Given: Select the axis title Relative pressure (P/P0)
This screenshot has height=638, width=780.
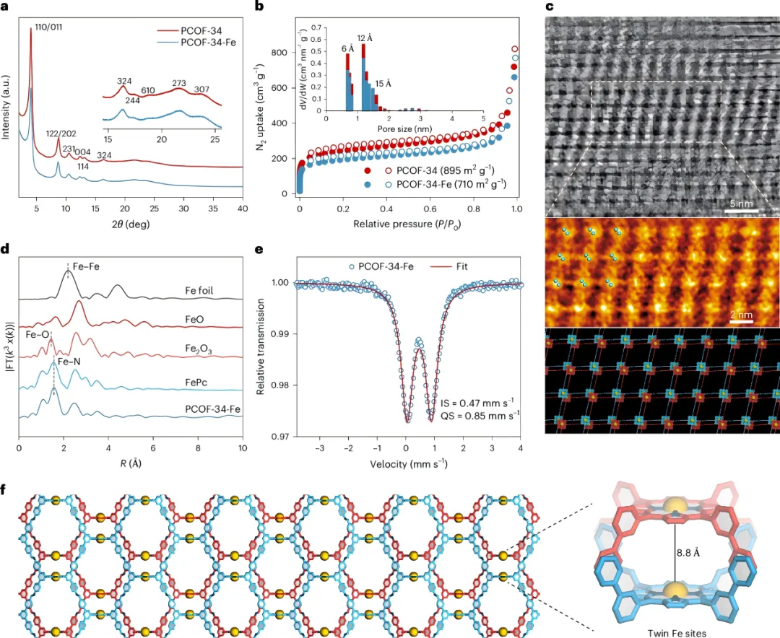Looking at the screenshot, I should coord(407,224).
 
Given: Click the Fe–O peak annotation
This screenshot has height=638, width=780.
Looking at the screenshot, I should coord(37,336).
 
